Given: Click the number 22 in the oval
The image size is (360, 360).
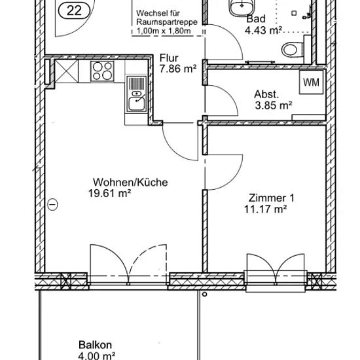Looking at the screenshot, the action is (74, 10).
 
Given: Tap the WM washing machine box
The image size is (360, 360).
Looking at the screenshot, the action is (311, 82).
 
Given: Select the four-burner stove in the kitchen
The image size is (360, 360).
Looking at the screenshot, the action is (102, 71).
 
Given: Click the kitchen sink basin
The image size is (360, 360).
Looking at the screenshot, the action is (136, 104).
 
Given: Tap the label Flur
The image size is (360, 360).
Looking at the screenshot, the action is (169, 58).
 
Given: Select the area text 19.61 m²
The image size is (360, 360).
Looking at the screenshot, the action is (109, 193).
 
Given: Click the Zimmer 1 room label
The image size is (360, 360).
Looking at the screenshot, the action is (271, 198).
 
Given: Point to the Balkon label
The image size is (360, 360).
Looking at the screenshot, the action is (96, 344).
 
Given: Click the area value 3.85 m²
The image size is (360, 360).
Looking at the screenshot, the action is (274, 105).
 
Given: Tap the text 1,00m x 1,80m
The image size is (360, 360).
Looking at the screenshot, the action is (164, 31).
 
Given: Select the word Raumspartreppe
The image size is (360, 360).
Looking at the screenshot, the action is (167, 22).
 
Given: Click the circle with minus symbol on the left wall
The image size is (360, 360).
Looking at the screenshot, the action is (52, 204).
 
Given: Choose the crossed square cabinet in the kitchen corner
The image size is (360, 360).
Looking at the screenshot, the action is (67, 71).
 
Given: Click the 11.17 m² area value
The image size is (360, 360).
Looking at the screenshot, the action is (265, 209).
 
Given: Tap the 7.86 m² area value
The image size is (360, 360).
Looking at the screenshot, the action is (178, 69).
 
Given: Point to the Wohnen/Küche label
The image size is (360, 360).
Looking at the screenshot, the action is (130, 183).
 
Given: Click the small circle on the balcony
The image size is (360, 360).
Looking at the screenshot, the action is (204, 294).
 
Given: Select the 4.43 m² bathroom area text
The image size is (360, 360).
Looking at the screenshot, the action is (263, 30).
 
